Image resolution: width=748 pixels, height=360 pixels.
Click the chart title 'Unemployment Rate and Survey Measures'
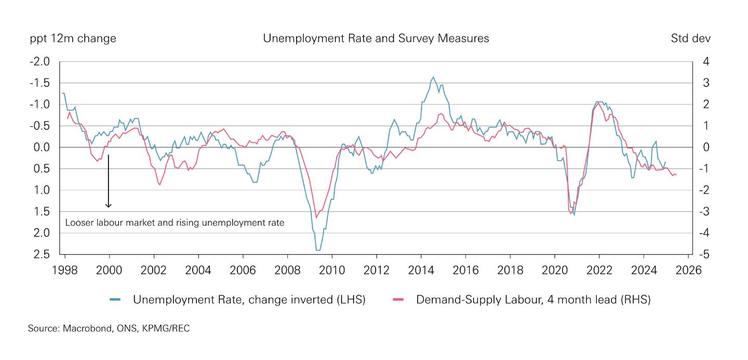pyautogui.click(x=376, y=38)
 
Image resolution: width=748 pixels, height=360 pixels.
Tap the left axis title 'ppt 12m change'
pyautogui.click(x=73, y=38)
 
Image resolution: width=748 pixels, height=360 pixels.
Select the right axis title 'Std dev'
pyautogui.click(x=690, y=38)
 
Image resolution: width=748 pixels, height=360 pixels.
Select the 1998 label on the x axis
pyautogui.click(x=65, y=271)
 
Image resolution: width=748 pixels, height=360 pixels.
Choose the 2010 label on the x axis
pyautogui.click(x=332, y=271)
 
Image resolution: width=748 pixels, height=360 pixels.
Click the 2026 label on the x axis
pyautogui.click(x=688, y=271)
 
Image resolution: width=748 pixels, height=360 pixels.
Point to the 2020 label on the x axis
pyautogui.click(x=555, y=271)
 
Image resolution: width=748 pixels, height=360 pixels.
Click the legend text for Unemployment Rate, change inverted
pyautogui.click(x=249, y=300)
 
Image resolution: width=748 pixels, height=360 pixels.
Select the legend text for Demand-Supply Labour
pyautogui.click(x=533, y=300)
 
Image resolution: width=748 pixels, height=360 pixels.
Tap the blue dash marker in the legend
pyautogui.click(x=115, y=300)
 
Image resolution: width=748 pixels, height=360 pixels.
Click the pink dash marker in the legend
pyautogui.click(x=398, y=300)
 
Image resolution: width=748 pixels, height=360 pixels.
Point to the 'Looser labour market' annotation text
pyautogui.click(x=175, y=223)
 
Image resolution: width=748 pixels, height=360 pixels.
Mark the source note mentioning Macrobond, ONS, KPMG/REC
pyautogui.click(x=109, y=329)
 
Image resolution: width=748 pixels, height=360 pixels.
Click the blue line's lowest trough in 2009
pyautogui.click(x=318, y=250)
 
